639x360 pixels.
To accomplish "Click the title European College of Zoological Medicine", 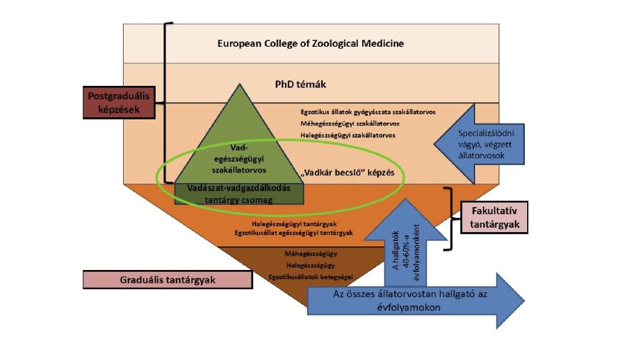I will click(311, 43).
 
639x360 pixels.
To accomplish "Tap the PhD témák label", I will click(301, 84).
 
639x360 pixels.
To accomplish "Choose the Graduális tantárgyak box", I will click(168, 279).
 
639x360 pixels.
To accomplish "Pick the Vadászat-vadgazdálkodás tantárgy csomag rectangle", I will click(239, 193).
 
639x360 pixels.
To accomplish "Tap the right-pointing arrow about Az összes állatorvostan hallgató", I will click(414, 301).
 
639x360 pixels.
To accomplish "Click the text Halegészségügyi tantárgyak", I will click(302, 224).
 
